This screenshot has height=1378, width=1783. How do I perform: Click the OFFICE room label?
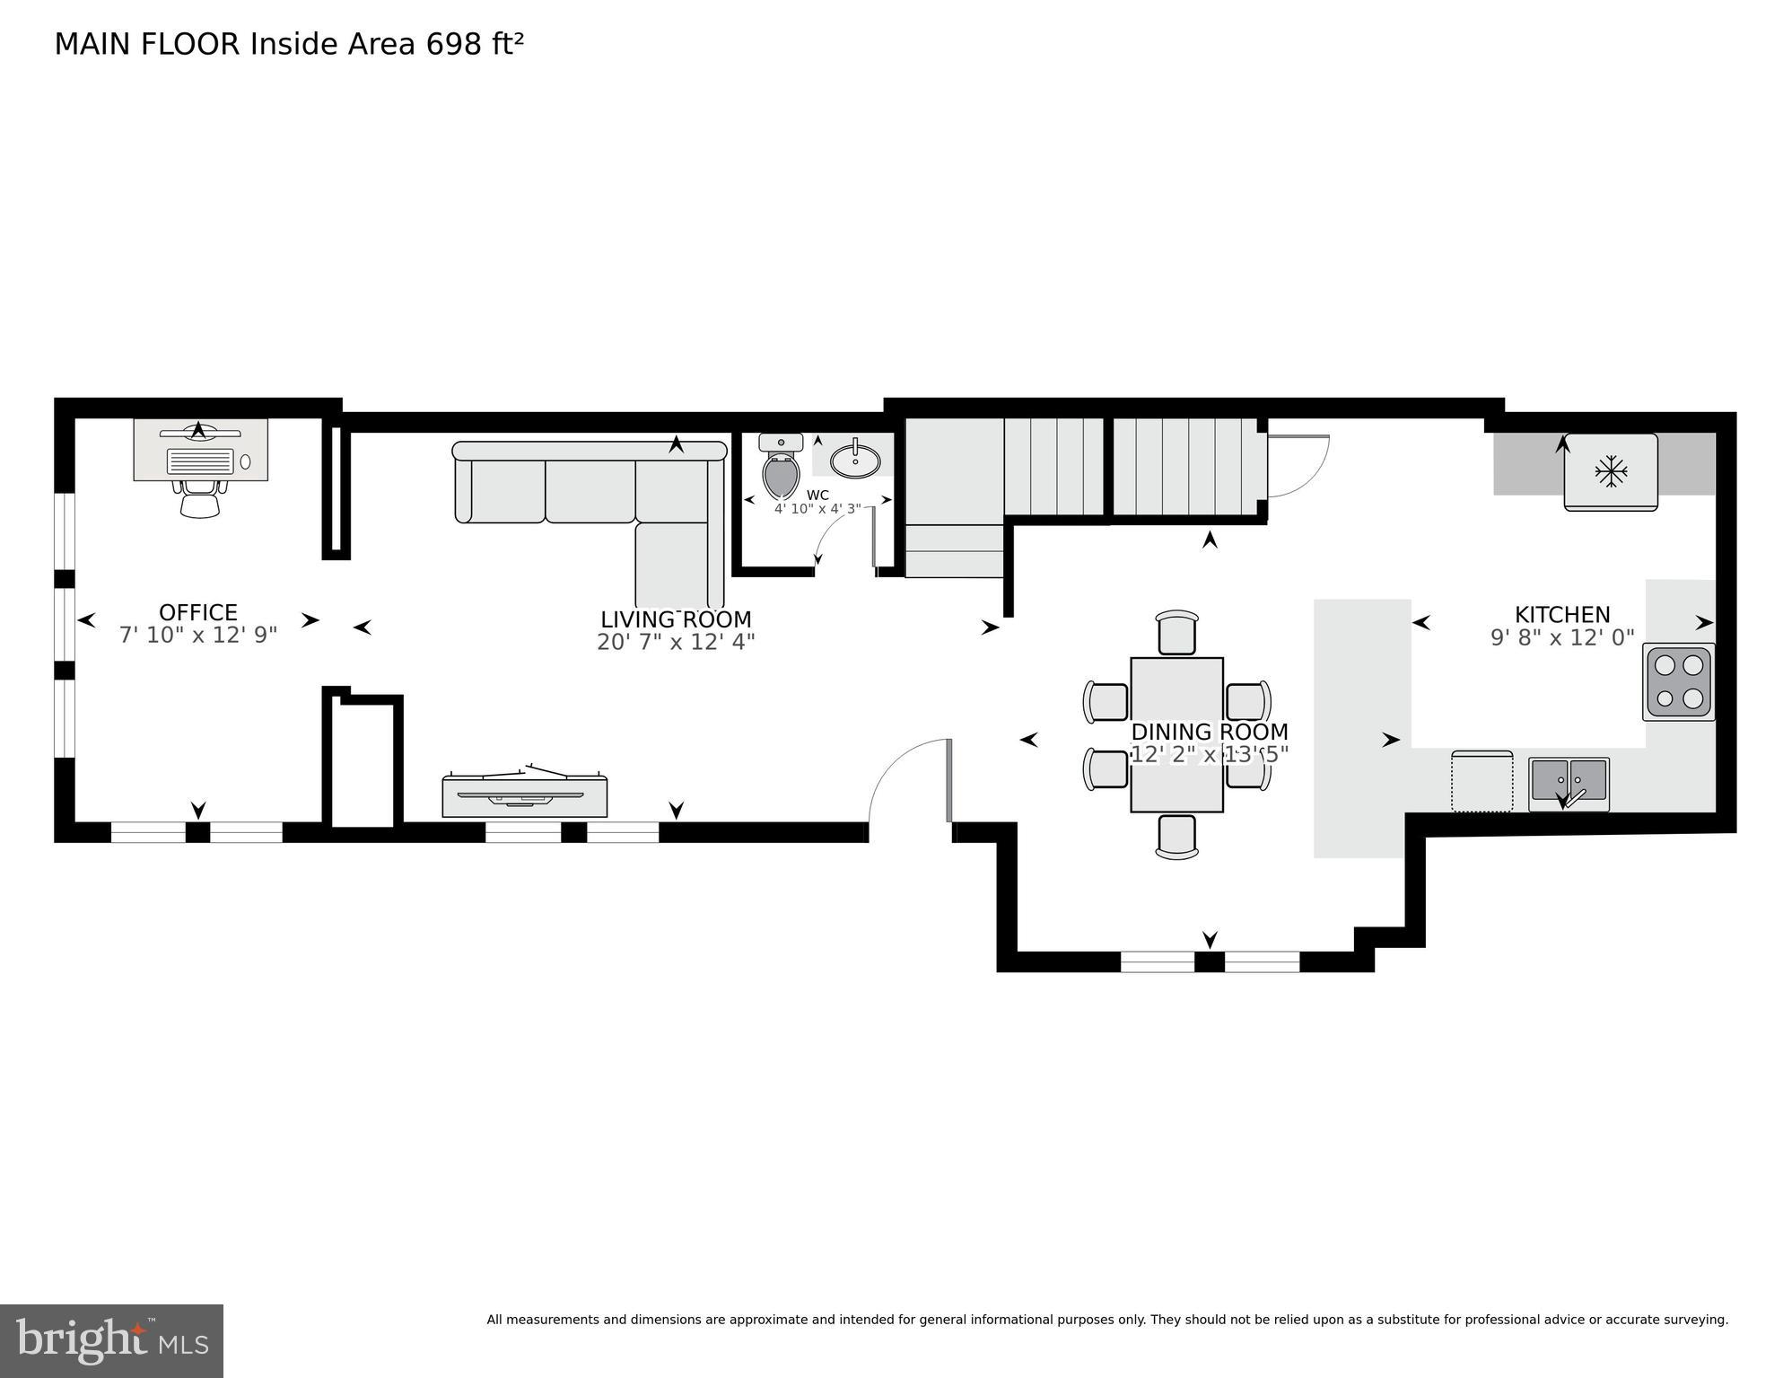[x=197, y=612]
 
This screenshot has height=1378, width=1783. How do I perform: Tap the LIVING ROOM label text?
[x=676, y=619]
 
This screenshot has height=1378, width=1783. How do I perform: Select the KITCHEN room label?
[x=1562, y=615]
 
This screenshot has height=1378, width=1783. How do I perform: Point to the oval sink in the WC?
[x=855, y=461]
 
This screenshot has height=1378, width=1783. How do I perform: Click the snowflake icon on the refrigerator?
[x=1611, y=471]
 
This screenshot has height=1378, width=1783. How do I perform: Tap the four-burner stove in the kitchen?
[x=1679, y=681]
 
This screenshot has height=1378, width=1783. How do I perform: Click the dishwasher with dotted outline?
[x=1481, y=781]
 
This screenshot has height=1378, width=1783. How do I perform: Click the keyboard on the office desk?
[x=200, y=461]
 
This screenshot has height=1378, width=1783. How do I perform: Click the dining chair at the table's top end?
[x=1177, y=633]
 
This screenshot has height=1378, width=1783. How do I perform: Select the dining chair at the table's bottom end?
[x=1176, y=836]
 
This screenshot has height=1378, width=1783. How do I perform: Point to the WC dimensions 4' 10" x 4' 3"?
[x=817, y=508]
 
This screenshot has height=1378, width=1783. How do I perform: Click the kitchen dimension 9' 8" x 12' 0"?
[x=1562, y=638]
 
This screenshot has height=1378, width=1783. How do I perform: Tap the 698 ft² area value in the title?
[x=475, y=44]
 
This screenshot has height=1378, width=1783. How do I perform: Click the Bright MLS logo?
[x=111, y=1341]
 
